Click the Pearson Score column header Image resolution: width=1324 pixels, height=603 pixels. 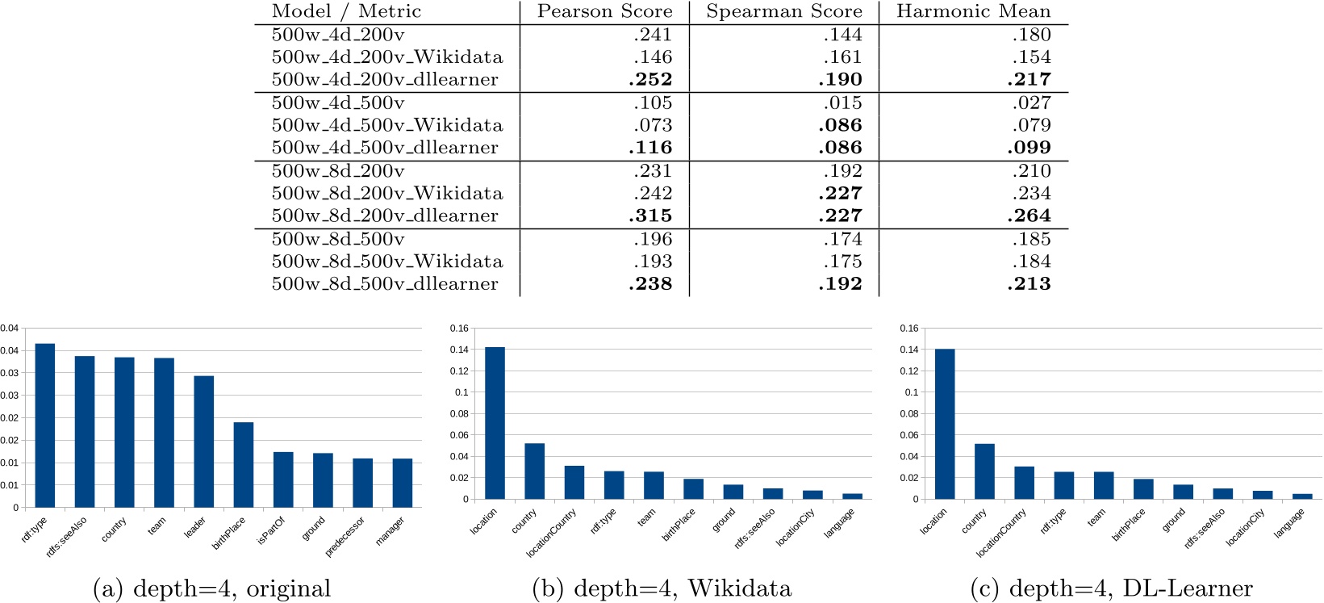pos(604,11)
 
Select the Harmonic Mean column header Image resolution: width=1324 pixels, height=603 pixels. pos(973,11)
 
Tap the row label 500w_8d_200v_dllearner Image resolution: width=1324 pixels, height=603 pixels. pos(385,216)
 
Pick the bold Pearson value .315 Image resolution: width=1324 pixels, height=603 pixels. pos(650,216)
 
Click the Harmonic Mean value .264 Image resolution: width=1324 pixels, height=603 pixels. pos(1029,216)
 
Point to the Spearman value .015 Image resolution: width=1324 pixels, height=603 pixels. pos(842,103)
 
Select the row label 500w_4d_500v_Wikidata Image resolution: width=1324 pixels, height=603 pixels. pos(387,126)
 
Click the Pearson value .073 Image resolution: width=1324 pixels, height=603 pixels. pos(653,126)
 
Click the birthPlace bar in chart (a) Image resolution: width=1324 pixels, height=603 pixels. pos(244,465)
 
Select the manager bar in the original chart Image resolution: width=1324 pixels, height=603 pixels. pos(403,483)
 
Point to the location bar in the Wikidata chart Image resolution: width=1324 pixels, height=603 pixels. pos(495,423)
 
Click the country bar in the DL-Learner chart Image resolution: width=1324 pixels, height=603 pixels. pos(984,471)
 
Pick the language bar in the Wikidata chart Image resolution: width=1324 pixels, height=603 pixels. pos(852,496)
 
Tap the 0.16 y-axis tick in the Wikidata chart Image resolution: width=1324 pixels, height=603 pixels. pos(459,329)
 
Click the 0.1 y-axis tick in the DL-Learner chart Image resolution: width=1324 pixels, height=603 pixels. pos(912,392)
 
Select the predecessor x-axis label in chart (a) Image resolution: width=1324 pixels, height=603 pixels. pos(345,536)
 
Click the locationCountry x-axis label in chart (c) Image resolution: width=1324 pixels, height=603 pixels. pos(1001,533)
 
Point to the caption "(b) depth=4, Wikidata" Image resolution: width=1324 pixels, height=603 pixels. pos(662,589)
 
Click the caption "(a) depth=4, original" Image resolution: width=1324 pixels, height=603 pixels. pos(212,589)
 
